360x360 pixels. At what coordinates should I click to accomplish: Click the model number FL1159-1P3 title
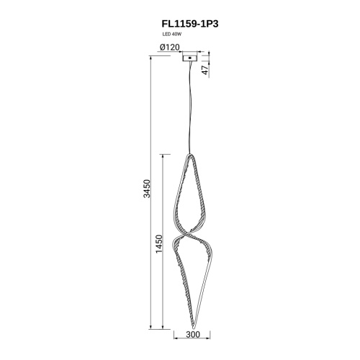pos(190,24)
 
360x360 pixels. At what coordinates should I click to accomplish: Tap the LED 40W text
pos(171,35)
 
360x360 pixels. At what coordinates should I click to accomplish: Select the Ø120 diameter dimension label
pos(169,48)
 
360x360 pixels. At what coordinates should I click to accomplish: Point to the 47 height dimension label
pos(205,70)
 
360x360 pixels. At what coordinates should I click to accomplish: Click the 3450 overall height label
pos(147,189)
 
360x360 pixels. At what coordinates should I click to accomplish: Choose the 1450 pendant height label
pos(159,244)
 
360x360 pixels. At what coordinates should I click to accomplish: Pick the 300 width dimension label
pos(193,334)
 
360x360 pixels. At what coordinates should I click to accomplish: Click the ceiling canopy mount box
pos(189,58)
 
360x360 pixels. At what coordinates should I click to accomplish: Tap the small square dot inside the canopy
pos(189,58)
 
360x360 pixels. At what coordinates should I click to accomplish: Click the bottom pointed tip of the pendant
pos(194,328)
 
